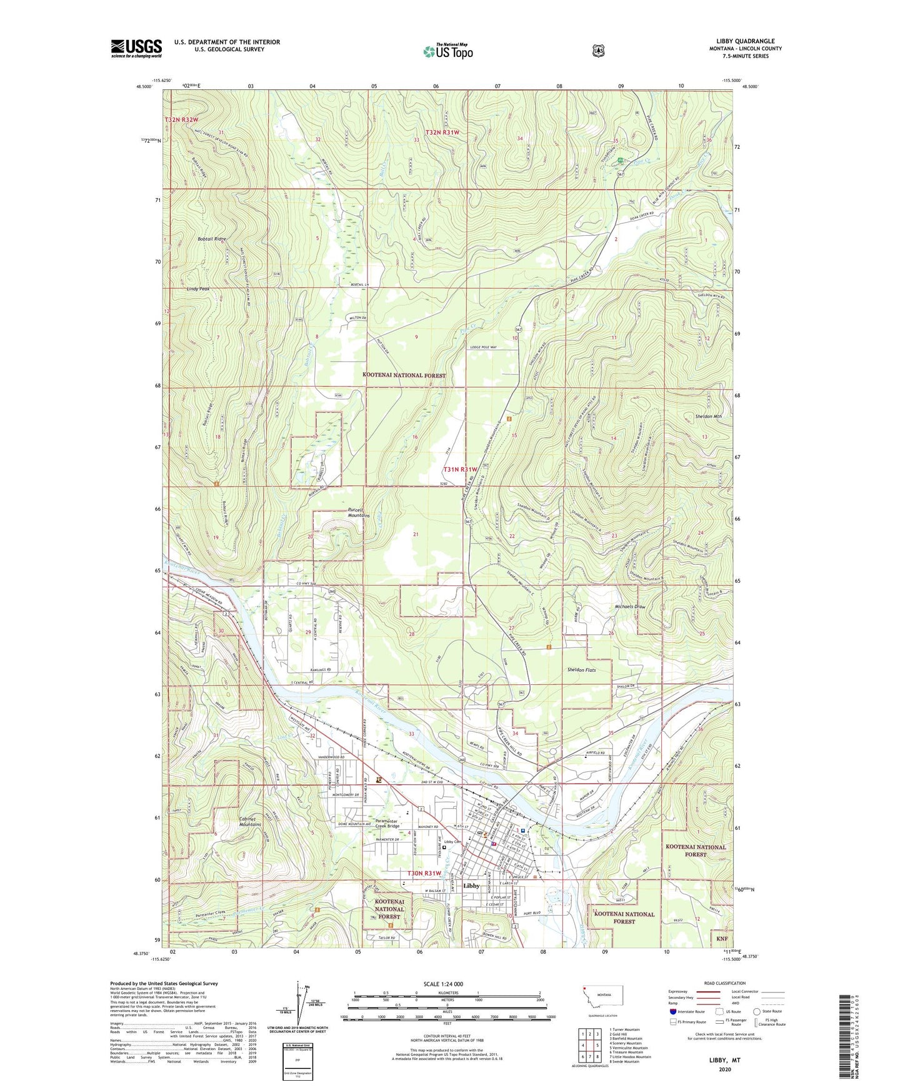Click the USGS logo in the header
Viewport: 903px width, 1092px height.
point(136,48)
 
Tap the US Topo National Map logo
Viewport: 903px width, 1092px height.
point(447,51)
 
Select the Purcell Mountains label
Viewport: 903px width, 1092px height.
point(359,513)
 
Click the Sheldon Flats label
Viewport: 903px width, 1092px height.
point(581,670)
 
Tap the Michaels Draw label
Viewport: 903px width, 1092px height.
point(630,607)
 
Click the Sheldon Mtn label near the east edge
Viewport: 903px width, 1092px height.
point(708,416)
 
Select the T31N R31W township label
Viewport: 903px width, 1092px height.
point(460,469)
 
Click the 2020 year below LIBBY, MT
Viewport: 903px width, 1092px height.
point(724,1069)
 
